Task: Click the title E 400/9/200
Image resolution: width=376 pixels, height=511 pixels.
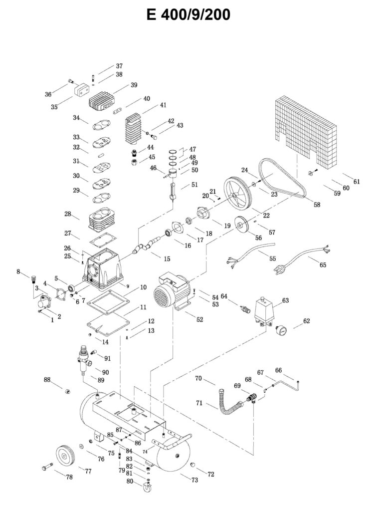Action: pyautogui.click(x=188, y=15)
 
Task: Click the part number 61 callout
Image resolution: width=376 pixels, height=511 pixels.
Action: pyautogui.click(x=357, y=182)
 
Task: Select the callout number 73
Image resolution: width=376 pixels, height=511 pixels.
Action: pyautogui.click(x=194, y=480)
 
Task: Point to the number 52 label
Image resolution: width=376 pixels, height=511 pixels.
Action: pyautogui.click(x=199, y=320)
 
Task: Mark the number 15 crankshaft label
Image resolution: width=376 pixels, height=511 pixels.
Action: pyautogui.click(x=167, y=258)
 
